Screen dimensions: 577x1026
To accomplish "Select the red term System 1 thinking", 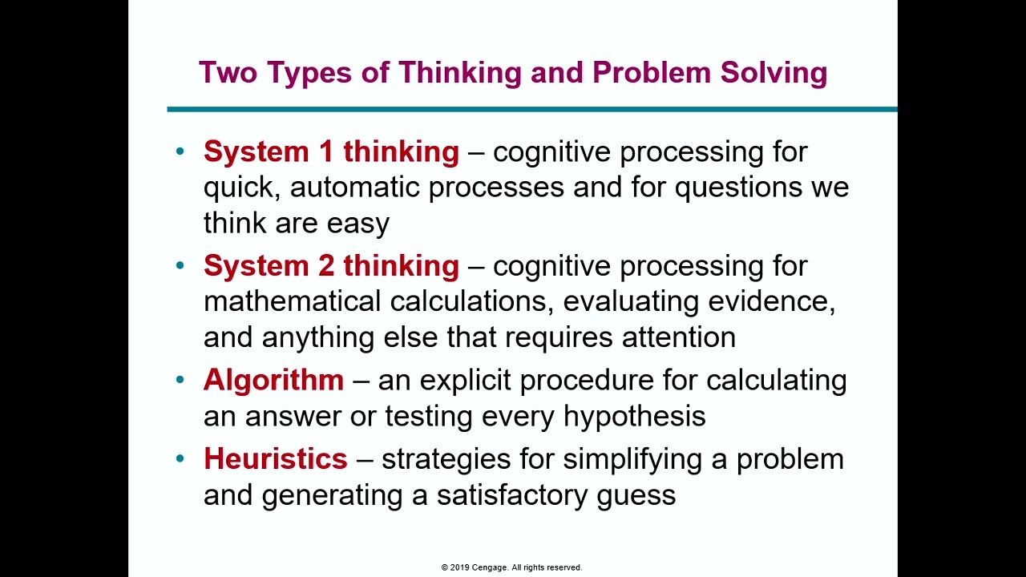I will [x=331, y=151].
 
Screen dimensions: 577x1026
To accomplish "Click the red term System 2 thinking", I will [x=331, y=265].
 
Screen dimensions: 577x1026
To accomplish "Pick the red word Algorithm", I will [x=273, y=380].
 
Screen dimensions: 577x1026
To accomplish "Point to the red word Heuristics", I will [x=275, y=458].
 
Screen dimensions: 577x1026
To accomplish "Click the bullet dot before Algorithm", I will [x=180, y=380].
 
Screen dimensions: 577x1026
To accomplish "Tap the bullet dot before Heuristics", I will [x=180, y=458].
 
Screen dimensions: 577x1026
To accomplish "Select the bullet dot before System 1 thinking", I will [x=180, y=151].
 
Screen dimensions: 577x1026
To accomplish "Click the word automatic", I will [x=355, y=188].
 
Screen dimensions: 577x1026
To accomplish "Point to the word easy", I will [x=357, y=224].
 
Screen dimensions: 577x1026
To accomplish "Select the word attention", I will [x=679, y=337].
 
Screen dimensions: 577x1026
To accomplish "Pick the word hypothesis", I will [x=634, y=416].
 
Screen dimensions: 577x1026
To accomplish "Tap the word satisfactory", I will [x=512, y=494].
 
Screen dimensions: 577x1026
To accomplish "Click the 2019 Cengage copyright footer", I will [x=511, y=567].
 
